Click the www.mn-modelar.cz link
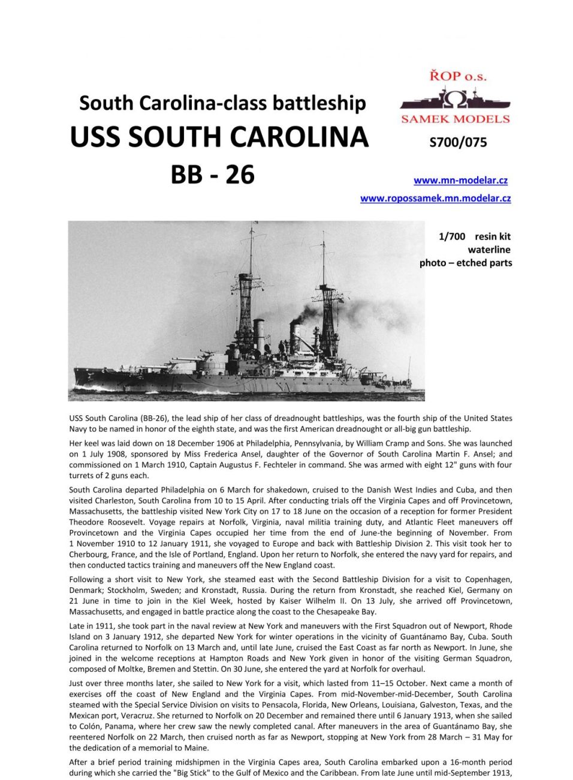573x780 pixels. (460, 180)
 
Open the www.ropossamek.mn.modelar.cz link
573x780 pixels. (435, 198)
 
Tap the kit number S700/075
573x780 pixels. (458, 142)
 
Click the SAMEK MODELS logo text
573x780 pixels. (456, 119)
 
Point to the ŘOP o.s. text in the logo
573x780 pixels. (457, 76)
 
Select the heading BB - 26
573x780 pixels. (213, 175)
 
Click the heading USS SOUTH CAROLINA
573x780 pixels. (219, 137)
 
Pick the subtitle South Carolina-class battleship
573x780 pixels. (222, 103)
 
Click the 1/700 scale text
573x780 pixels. (452, 236)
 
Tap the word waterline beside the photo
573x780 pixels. (489, 250)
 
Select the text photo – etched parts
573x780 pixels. (466, 263)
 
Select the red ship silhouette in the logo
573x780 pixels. (456, 100)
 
